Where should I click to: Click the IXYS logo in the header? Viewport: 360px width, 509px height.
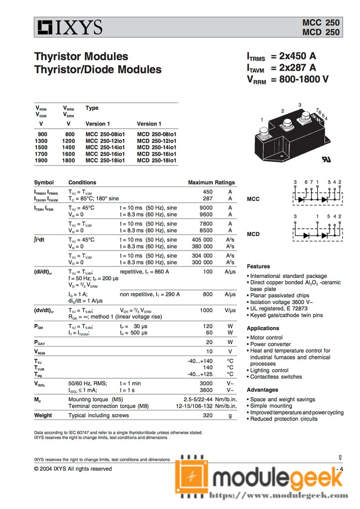(70, 27)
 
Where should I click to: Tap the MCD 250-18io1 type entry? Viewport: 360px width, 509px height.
(157, 160)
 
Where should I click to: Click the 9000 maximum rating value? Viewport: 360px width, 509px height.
(206, 208)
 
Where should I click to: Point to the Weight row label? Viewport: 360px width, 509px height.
(43, 415)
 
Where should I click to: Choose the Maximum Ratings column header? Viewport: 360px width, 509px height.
(211, 182)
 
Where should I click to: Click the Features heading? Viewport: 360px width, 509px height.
(258, 266)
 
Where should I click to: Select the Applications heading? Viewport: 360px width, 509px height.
(263, 328)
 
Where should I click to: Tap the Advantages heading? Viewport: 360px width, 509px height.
(262, 390)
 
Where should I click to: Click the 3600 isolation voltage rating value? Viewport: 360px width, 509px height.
(206, 390)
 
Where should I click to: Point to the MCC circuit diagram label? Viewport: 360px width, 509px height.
(253, 199)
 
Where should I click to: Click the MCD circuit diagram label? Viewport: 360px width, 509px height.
(253, 234)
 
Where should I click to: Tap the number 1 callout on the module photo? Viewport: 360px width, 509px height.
(262, 120)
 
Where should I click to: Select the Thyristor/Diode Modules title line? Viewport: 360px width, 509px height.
(97, 69)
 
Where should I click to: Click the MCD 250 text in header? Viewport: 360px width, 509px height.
(321, 32)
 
